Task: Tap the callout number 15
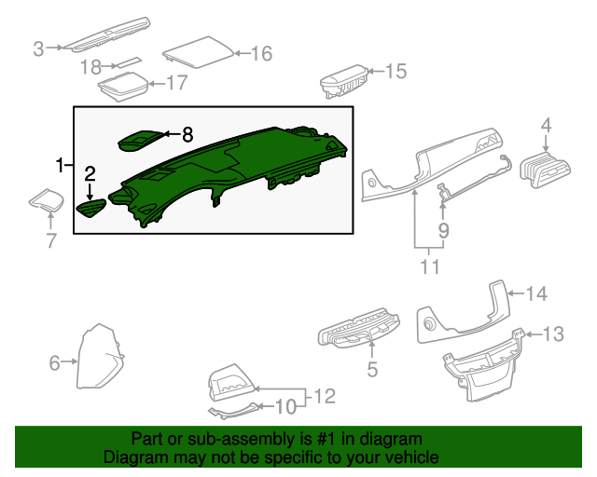point(396,71)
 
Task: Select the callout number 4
point(546,124)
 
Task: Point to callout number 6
point(54,361)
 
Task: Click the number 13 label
point(553,333)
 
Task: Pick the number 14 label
point(535,294)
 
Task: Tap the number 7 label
point(51,241)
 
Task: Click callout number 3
point(38,48)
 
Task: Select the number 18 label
point(90,66)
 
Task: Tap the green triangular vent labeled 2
point(90,208)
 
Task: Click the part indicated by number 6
point(98,359)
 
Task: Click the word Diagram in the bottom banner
point(131,458)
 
